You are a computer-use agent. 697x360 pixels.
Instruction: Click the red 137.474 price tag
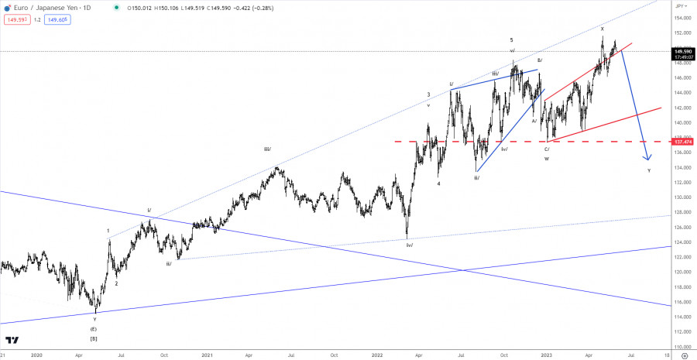pyautogui.click(x=682, y=142)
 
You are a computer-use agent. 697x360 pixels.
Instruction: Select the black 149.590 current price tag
pyautogui.click(x=682, y=52)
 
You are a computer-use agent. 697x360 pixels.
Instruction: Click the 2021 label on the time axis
pyautogui.click(x=207, y=355)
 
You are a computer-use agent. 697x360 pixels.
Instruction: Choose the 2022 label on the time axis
pyautogui.click(x=376, y=355)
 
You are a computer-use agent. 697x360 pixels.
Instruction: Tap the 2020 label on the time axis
pyautogui.click(x=36, y=355)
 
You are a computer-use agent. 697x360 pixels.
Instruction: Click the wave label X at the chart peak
pyautogui.click(x=602, y=29)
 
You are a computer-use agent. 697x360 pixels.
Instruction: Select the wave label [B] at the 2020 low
pyautogui.click(x=94, y=338)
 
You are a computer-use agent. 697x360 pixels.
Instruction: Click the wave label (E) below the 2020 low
pyautogui.click(x=94, y=329)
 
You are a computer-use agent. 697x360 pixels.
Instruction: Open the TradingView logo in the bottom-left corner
pyautogui.click(x=12, y=340)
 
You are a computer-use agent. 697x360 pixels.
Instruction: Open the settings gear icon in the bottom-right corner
pyautogui.click(x=685, y=355)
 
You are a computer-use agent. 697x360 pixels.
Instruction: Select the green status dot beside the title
pyautogui.click(x=117, y=7)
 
